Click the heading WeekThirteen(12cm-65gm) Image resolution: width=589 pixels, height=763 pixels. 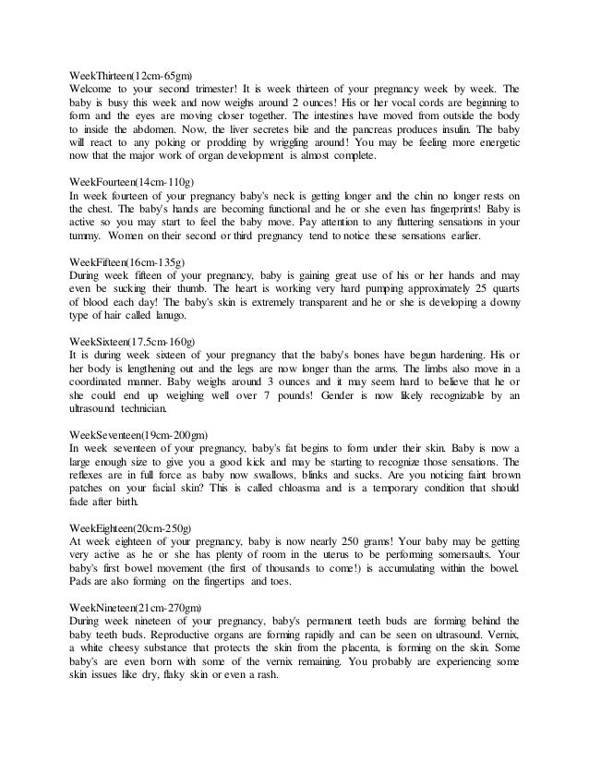[x=136, y=74]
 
